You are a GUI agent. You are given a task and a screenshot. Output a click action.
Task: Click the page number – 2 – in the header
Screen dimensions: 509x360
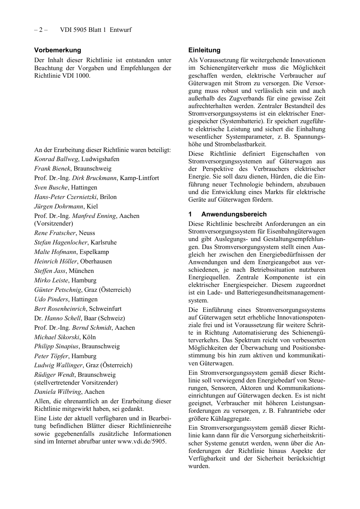point(41,30)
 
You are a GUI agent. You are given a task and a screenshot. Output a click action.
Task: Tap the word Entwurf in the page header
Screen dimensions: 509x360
point(121,30)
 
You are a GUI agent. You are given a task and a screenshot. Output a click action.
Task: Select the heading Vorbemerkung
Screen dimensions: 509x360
point(58,50)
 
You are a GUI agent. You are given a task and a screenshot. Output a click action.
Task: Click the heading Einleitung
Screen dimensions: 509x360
point(204,50)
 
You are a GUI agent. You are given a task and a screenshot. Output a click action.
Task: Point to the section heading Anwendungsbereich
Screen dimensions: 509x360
point(234,214)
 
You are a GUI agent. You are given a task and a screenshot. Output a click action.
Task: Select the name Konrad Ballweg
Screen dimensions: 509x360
point(56,159)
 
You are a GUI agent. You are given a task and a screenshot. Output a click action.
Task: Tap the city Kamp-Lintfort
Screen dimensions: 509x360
point(139,178)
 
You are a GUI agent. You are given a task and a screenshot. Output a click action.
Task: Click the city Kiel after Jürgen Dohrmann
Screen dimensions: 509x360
point(92,207)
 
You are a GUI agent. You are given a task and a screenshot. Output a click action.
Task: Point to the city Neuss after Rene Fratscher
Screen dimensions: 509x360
point(87,233)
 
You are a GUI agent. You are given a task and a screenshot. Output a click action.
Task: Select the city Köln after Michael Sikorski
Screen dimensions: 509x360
point(89,337)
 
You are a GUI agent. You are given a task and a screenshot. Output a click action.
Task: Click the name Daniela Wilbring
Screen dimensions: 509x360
point(58,392)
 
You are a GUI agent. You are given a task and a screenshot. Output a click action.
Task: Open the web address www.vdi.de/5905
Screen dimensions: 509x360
point(141,442)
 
